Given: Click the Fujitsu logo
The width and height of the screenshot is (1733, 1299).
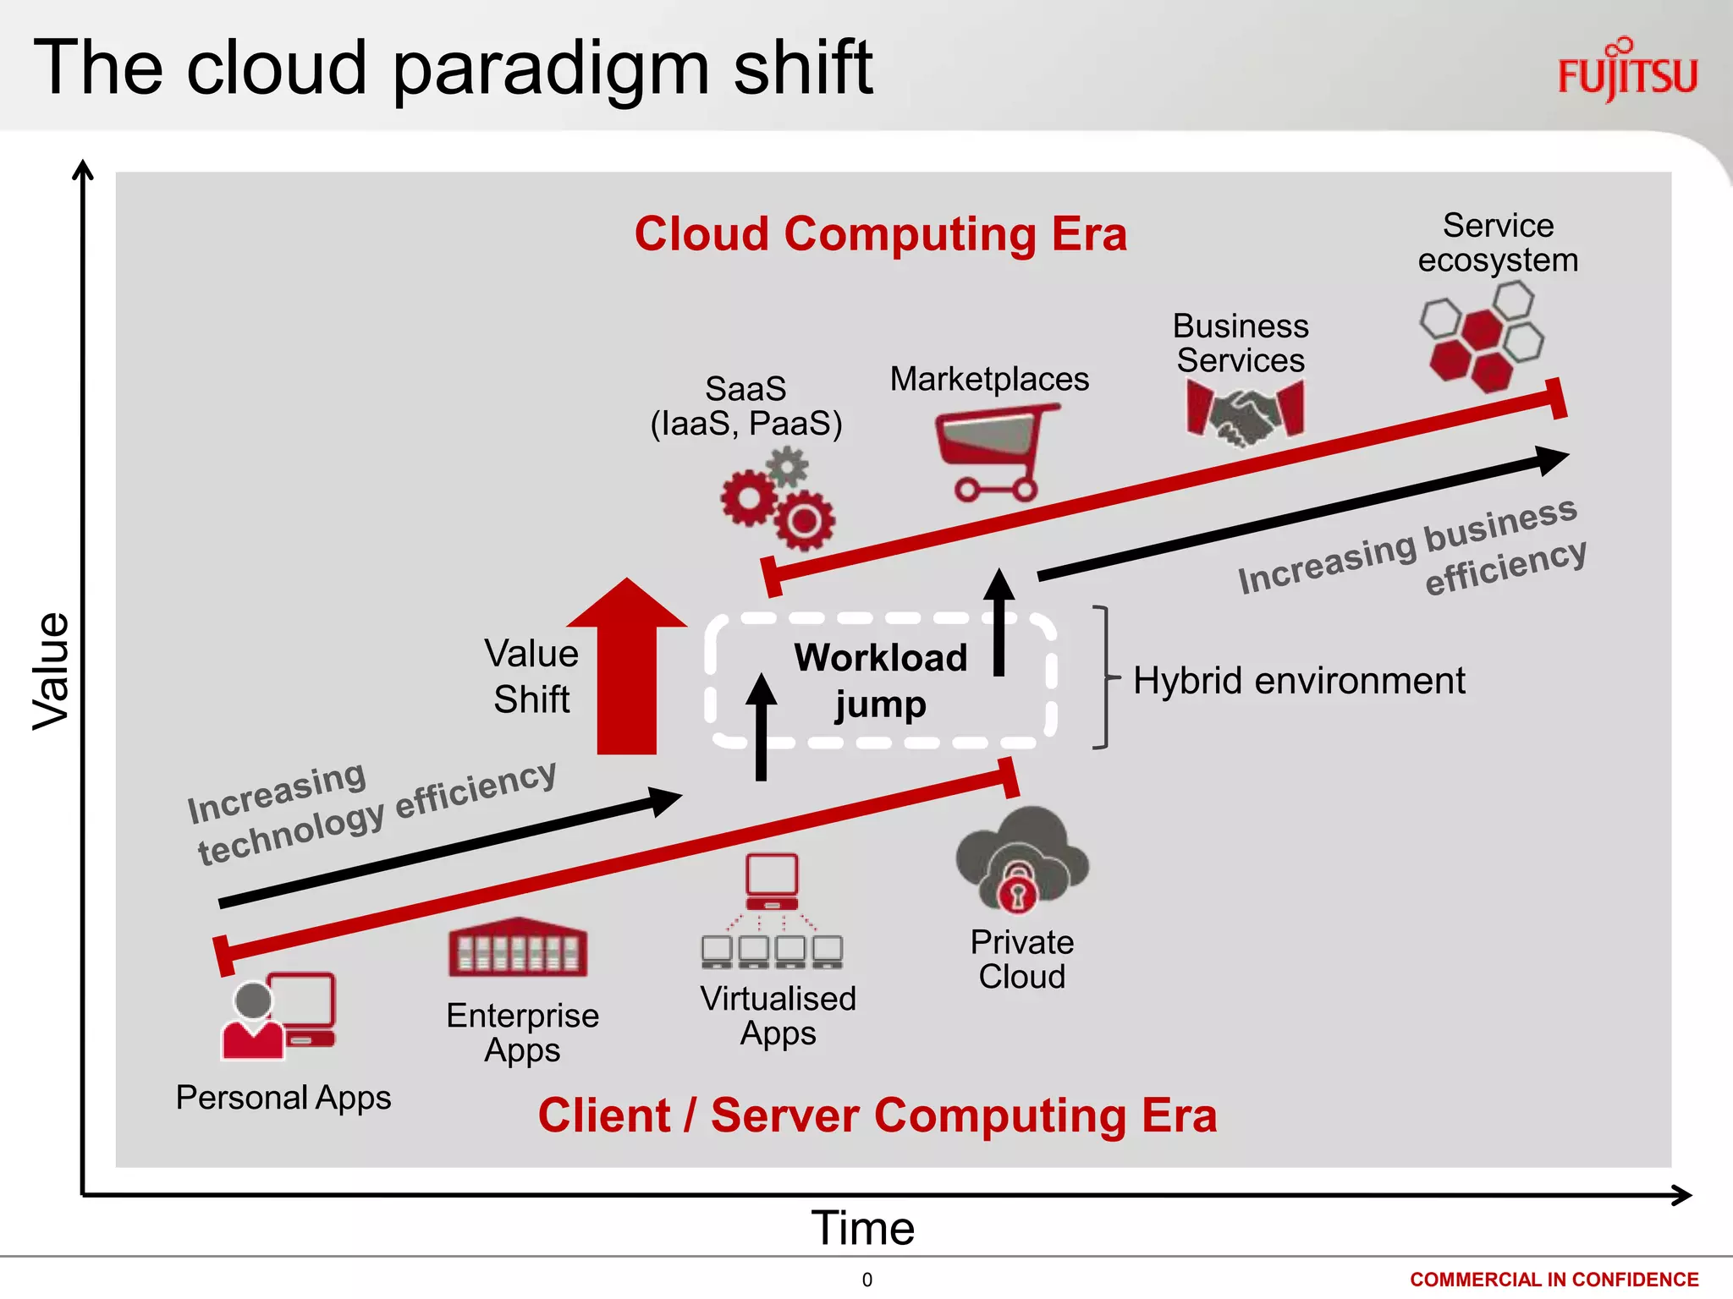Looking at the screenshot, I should (x=1626, y=71).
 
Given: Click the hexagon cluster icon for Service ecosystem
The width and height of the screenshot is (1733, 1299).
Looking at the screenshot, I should (x=1481, y=336).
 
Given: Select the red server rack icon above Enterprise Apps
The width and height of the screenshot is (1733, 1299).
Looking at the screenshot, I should (x=518, y=948).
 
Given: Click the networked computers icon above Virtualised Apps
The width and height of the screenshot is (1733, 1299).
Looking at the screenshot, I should (x=772, y=913).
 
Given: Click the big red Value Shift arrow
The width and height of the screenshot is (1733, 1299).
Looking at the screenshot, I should (x=627, y=668).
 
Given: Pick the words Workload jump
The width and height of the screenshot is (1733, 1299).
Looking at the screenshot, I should (x=880, y=681).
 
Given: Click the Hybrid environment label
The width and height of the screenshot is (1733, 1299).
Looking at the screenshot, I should (x=1299, y=681).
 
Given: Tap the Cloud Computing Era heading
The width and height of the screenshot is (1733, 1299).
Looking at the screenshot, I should (x=880, y=234).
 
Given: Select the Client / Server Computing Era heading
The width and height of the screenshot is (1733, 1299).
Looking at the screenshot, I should (x=878, y=1115).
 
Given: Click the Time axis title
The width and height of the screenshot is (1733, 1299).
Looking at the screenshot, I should (x=863, y=1228).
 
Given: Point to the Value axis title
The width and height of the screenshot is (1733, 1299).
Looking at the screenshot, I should (x=51, y=671).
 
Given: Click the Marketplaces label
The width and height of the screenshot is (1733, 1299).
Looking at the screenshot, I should (x=989, y=379).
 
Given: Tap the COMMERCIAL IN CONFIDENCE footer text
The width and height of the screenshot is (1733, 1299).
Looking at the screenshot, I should (x=1554, y=1280).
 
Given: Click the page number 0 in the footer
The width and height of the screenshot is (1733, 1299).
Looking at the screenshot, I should (x=866, y=1280).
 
